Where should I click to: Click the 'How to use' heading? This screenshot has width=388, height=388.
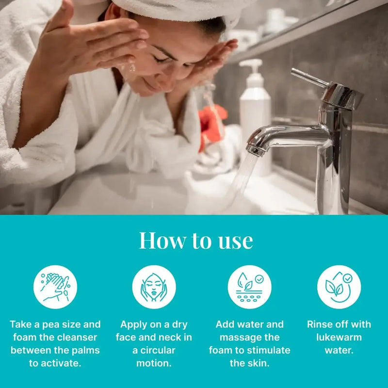coord(195,241)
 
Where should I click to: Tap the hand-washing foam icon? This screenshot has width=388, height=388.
coord(55,287)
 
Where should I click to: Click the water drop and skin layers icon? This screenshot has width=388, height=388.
coord(249,287)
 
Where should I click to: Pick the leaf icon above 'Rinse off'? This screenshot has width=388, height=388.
coord(339,287)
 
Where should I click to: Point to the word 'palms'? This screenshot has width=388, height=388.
coord(84,350)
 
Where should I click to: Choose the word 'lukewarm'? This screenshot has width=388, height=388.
coord(339,337)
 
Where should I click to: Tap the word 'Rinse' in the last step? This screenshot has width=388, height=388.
coord(321,324)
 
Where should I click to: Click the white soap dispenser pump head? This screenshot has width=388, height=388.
coord(251,66)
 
